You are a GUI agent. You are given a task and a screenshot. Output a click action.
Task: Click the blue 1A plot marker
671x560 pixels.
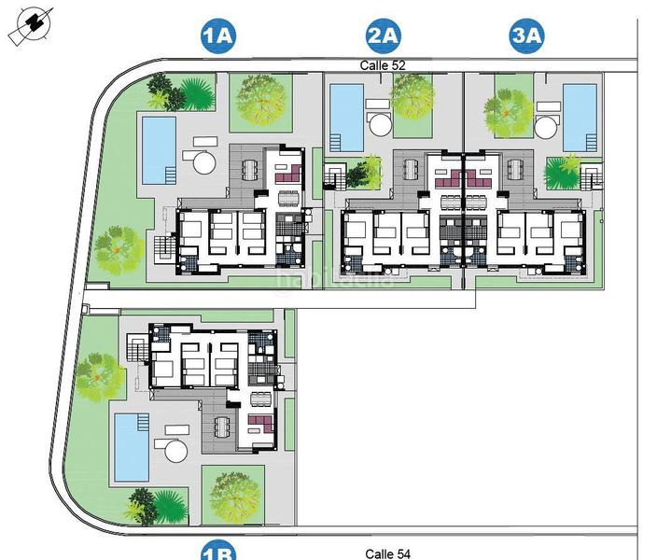217,36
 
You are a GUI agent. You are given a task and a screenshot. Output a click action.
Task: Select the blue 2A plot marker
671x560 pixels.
383,36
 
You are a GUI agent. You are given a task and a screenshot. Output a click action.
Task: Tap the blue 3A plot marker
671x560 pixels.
526,36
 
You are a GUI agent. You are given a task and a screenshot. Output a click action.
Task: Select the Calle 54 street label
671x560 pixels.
387,553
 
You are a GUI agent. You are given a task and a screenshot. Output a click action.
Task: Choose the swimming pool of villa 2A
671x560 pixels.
347,118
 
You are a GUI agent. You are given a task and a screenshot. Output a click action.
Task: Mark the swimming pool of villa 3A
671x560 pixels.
580,118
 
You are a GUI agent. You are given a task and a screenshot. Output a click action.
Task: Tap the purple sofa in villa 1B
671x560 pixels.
259,431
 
